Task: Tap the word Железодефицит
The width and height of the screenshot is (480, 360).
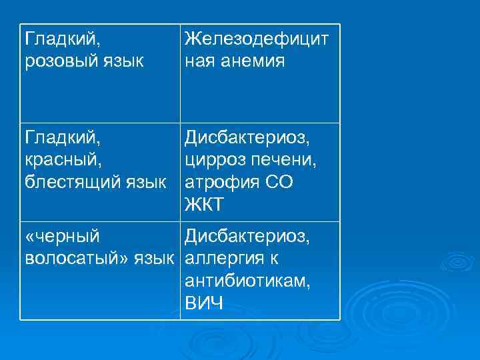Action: coord(257,39)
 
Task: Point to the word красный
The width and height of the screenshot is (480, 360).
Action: coord(62,160)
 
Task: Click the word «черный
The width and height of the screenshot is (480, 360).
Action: coord(62,236)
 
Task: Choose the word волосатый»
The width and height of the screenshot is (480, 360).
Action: coord(79,258)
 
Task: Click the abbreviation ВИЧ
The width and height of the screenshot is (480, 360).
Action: coord(203,303)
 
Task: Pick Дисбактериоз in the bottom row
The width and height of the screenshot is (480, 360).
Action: coord(247,236)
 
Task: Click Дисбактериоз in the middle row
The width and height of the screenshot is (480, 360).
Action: coord(247,137)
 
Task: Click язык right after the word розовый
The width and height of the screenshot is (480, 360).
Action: coord(123,62)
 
